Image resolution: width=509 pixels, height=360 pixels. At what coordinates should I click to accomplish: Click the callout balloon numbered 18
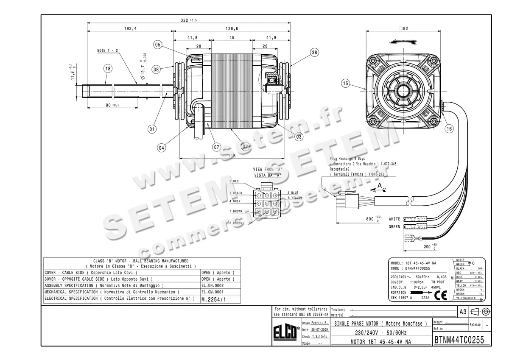coord(108,69)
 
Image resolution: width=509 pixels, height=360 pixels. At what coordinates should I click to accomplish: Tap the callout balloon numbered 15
coord(346,84)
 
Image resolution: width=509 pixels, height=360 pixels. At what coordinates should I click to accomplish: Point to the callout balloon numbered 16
coord(449,128)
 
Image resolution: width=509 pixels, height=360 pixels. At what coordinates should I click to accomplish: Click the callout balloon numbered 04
coord(162,148)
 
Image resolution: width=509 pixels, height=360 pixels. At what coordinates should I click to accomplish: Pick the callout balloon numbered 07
coord(217,147)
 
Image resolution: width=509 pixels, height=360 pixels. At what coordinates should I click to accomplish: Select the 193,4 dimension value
coord(130,29)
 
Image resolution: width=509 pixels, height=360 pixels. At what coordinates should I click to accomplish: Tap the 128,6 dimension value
coord(232,29)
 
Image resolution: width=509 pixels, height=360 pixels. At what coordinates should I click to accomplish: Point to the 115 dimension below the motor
coord(231,156)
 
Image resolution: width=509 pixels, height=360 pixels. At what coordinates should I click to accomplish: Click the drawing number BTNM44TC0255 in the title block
coord(459,340)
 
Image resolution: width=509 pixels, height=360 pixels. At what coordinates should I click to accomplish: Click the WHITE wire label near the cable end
coord(394,219)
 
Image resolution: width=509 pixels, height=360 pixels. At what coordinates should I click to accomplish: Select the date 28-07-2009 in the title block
coord(319,329)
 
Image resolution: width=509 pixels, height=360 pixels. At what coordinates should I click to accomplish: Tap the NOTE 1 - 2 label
coord(108,50)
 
